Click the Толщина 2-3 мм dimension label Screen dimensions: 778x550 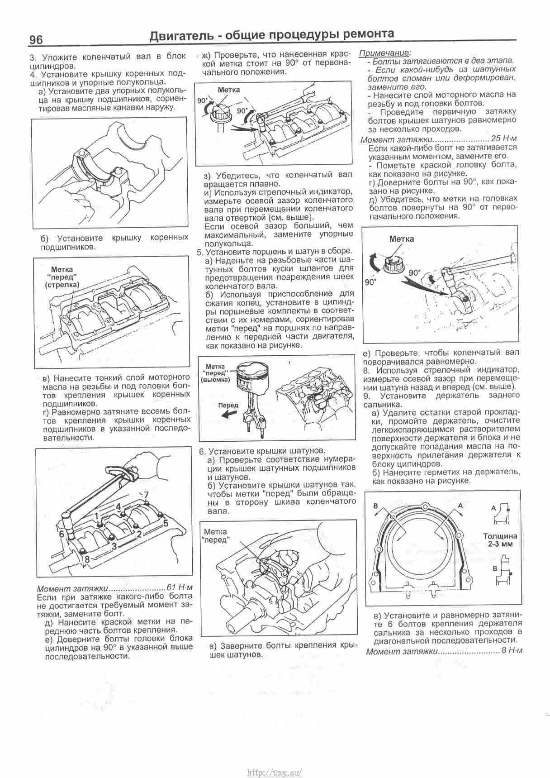500,540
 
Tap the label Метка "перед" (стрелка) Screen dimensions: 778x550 62,277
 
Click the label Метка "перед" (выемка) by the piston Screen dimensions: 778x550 216,373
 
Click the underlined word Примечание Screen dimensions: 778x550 385,53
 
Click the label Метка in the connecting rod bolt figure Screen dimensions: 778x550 401,239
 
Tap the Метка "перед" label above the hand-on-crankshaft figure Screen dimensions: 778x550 216,535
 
